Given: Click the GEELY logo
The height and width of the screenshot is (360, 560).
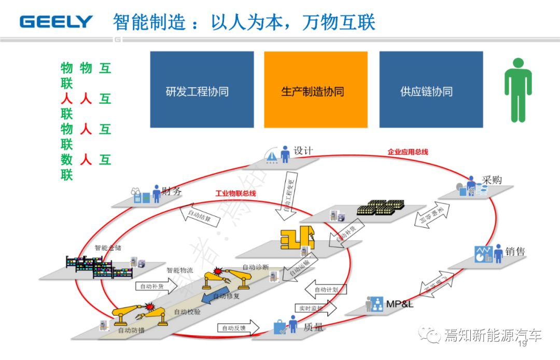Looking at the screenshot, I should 56,22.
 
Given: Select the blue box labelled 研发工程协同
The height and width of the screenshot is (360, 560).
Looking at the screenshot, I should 202,89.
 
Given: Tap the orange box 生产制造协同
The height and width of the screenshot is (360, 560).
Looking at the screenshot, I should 315,89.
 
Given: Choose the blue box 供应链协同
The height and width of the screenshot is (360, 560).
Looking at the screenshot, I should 431,89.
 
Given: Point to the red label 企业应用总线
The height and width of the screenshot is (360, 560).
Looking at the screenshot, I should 408,152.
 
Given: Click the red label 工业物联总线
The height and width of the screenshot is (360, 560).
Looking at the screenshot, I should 236,193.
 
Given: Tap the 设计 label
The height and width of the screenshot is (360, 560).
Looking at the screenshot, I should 303,151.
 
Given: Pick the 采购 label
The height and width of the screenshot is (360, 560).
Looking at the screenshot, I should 492,180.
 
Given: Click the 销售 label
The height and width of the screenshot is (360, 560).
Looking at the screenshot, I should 514,252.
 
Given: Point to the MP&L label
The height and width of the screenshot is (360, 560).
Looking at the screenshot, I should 399,303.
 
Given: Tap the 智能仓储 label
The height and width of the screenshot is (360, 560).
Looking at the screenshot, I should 108,248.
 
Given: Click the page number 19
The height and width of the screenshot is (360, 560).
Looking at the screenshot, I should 522,343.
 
